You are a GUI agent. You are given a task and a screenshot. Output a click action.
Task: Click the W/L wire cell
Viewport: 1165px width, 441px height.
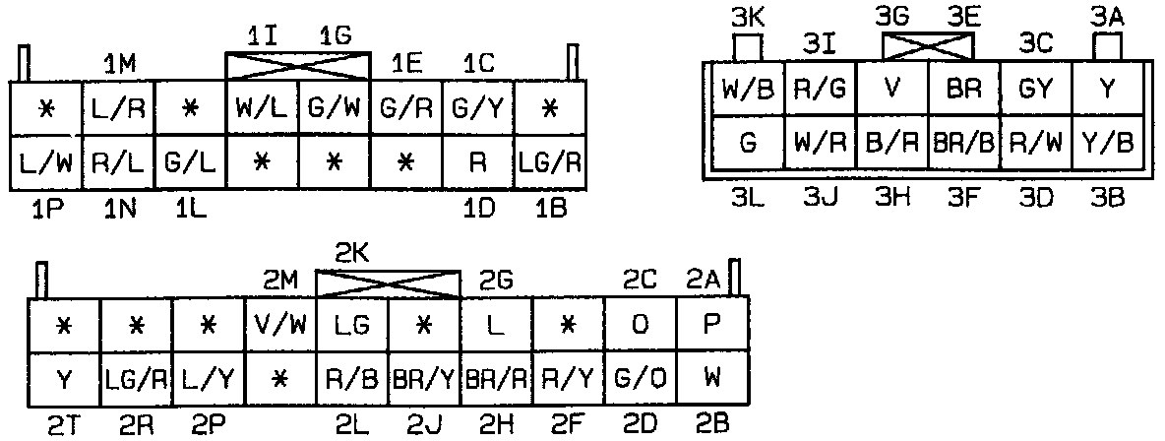point(263,108)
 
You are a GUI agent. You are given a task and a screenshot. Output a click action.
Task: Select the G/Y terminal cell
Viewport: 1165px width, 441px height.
point(479,108)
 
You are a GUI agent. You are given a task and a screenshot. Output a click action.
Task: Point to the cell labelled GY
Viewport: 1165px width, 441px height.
point(1036,90)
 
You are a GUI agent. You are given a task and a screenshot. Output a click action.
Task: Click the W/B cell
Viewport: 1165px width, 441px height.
point(748,90)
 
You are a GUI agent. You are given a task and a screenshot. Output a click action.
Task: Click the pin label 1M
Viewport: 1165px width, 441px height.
point(120,64)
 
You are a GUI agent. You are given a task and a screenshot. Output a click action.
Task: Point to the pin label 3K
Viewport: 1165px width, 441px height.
point(749,17)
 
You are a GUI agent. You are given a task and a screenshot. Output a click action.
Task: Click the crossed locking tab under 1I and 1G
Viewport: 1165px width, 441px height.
point(299,66)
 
